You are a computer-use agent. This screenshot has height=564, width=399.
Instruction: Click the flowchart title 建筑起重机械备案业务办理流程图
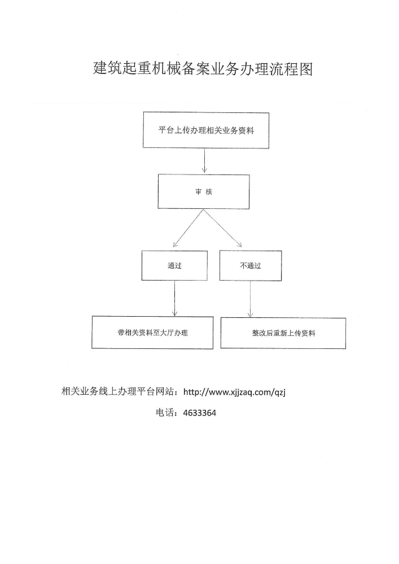coord(203,68)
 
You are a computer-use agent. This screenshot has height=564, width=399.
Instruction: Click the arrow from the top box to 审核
coord(204,161)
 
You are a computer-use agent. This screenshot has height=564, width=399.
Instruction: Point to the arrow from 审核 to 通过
coord(188,228)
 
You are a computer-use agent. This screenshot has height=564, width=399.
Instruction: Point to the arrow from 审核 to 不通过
coord(223,228)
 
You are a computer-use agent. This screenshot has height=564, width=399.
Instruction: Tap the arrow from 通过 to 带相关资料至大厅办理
coord(175,298)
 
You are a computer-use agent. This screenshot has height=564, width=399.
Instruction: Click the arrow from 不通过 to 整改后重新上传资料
coord(250,299)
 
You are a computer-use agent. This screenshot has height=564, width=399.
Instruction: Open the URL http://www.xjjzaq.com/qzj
coord(234,392)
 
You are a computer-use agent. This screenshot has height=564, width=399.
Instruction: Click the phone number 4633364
coord(200,413)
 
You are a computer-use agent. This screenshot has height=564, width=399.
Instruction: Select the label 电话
coord(165,413)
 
